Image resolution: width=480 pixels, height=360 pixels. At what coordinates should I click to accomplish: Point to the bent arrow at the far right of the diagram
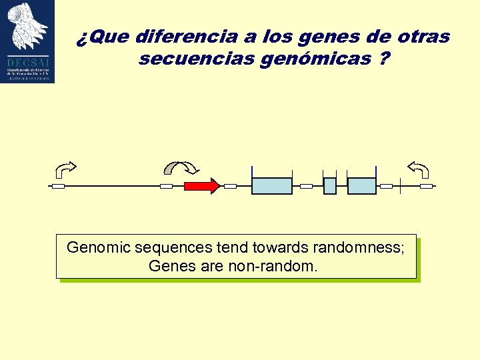(419, 169)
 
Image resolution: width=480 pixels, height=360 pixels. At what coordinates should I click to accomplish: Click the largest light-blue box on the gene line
(272, 186)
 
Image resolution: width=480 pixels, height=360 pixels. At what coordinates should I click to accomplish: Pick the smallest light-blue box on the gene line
(329, 186)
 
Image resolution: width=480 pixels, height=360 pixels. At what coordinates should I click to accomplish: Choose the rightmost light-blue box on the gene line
(362, 186)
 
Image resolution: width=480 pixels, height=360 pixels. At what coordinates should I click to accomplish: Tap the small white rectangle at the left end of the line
(58, 186)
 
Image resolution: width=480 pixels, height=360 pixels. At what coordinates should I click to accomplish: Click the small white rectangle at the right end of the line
(426, 186)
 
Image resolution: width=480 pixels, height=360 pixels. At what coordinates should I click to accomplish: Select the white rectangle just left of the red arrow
(167, 186)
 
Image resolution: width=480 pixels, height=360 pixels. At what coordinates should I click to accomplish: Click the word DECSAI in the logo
(27, 58)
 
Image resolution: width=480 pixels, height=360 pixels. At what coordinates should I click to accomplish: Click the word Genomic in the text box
(99, 248)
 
